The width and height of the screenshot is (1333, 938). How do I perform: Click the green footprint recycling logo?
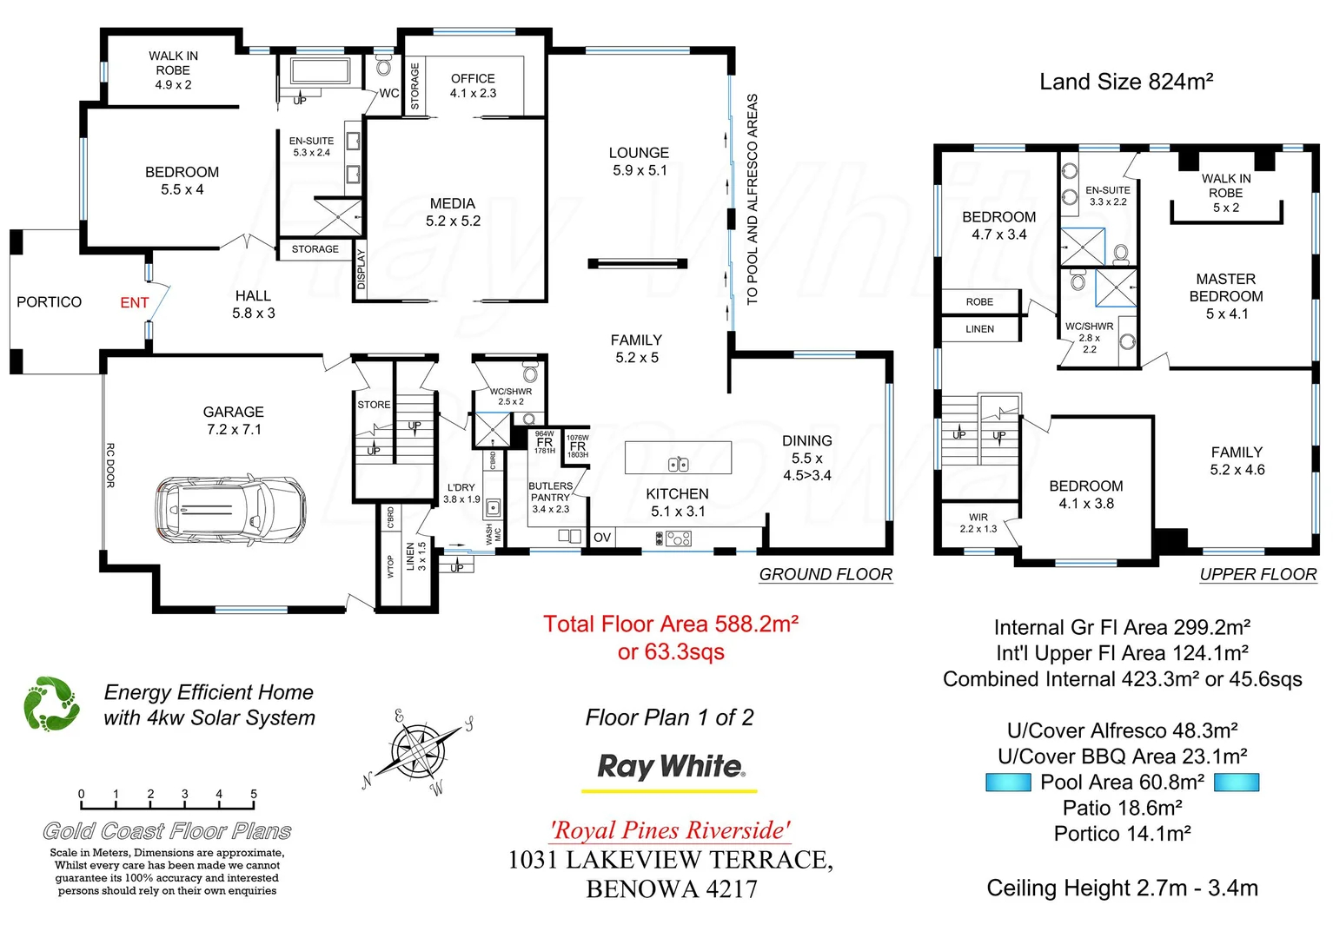pos(51,703)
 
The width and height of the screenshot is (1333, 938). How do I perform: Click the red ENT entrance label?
pos(135,303)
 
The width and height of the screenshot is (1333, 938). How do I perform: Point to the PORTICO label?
pos(50,302)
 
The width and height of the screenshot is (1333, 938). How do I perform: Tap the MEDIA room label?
pos(453,212)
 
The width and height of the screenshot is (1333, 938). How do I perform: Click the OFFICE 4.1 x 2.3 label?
pos(473,85)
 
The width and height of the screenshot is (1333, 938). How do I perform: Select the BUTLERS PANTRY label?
pos(550,492)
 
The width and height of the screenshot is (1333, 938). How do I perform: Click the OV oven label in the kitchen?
pos(602,538)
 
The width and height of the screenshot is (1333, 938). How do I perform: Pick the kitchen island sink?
pos(678,465)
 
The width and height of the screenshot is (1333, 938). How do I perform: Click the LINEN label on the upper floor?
pos(979,329)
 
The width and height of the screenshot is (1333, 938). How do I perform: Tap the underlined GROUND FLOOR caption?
pos(826,575)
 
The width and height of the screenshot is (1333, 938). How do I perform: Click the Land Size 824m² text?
pos(1126,82)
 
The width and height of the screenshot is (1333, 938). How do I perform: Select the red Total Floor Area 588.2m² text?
pos(670,624)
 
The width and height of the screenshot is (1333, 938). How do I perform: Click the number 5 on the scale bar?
pos(254,794)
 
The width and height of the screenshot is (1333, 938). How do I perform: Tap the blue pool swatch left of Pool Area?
pos(1008,783)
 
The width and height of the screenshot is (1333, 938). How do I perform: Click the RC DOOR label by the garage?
pos(110,466)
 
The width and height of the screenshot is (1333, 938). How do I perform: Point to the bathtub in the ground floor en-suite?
pos(318,70)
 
